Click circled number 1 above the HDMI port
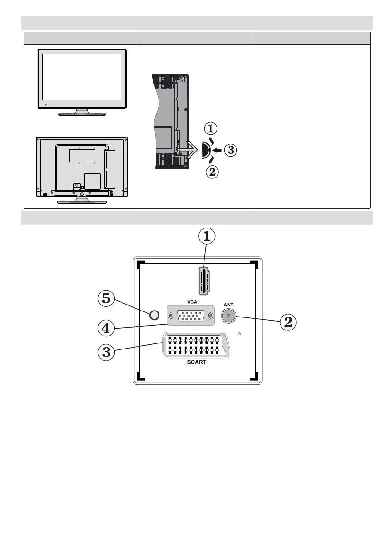207,237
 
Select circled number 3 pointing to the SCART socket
107,351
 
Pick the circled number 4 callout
107,329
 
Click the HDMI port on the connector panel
203,280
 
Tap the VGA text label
191,301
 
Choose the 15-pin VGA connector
191,316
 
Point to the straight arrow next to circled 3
217,150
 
